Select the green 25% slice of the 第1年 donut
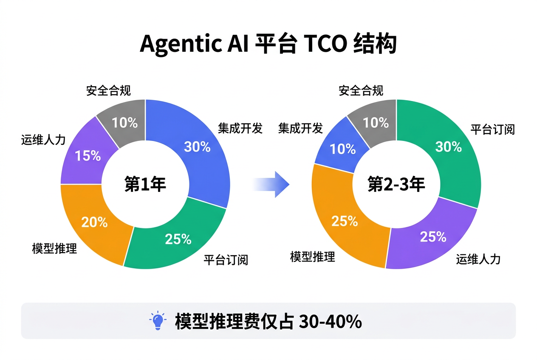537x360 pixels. pyautogui.click(x=178, y=239)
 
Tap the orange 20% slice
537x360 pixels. pyautogui.click(x=94, y=222)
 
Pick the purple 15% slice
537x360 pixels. pyautogui.click(x=88, y=156)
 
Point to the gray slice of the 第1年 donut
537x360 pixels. pyautogui.click(x=124, y=123)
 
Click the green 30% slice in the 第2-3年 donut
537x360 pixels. pyautogui.click(x=449, y=147)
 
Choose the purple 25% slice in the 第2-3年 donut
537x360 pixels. pyautogui.click(x=433, y=236)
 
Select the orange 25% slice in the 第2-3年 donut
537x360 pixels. pyautogui.click(x=345, y=221)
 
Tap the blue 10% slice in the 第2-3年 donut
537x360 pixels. pyautogui.click(x=343, y=149)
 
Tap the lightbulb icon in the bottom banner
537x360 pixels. pyautogui.click(x=158, y=321)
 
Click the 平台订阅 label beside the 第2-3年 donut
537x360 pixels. pyautogui.click(x=492, y=129)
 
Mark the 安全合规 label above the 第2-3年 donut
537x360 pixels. pyautogui.click(x=361, y=90)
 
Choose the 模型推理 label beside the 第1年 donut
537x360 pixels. pyautogui.click(x=54, y=248)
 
